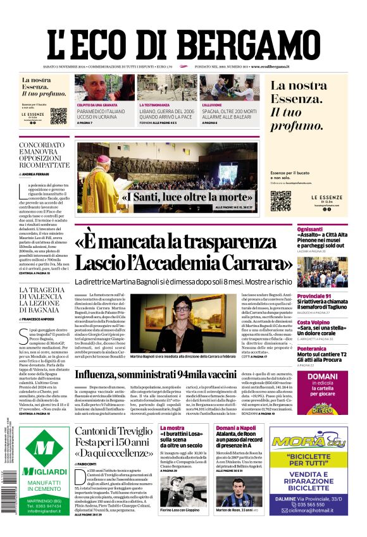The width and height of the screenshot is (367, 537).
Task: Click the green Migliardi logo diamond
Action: pos(44,448)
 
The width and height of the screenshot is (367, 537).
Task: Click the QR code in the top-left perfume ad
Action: pos(58,116)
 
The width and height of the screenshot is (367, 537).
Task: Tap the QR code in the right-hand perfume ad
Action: pos(281,201)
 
